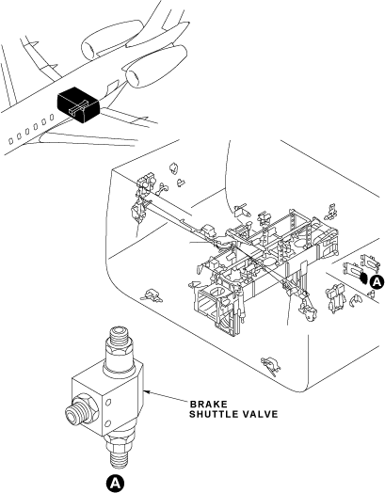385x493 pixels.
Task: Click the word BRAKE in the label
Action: coord(208,404)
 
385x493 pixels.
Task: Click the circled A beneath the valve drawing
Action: coord(115,483)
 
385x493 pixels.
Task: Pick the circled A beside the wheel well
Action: coord(377,281)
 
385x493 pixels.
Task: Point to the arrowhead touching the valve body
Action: coord(147,391)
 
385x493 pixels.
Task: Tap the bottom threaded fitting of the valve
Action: coord(119,454)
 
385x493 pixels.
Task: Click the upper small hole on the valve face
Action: coord(109,402)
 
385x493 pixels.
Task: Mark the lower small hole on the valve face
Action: coord(108,423)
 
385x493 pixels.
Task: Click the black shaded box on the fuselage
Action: coord(79,104)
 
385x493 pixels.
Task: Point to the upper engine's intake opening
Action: coord(88,50)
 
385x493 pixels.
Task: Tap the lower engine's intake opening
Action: coord(133,78)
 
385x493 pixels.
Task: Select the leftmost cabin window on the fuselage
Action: coord(11,141)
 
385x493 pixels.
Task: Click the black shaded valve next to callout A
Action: coord(363,278)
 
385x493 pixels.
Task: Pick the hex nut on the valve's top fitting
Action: coord(120,350)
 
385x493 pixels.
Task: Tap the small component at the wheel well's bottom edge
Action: coord(271,365)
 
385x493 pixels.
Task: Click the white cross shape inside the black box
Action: coord(79,107)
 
